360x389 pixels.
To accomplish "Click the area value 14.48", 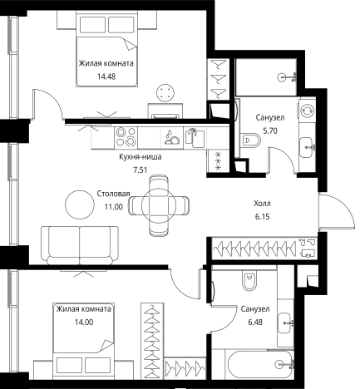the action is [x=106, y=76].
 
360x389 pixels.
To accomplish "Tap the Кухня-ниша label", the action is [x=141, y=157].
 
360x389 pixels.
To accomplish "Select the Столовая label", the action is [x=113, y=194].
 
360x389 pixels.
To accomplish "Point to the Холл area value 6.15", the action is [x=262, y=217].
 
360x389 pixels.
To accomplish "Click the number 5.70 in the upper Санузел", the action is [x=270, y=130].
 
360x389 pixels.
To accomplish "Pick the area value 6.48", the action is [x=255, y=323].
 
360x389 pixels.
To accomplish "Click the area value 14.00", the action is [x=84, y=322].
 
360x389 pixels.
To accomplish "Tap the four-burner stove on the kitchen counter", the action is [x=126, y=137].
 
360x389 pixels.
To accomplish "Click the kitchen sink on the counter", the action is [x=195, y=137].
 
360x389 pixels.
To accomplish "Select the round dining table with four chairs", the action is [x=159, y=205].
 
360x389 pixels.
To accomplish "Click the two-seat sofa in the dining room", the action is [x=80, y=245].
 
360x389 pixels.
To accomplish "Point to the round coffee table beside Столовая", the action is [x=80, y=204].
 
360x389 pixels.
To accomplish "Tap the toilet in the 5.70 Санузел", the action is [x=251, y=140].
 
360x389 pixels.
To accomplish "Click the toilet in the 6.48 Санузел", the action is [x=249, y=280].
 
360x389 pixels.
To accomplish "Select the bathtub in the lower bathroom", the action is [x=260, y=364].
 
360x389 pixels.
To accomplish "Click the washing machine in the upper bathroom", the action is [x=308, y=111].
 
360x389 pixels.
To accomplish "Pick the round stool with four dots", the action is [x=165, y=93].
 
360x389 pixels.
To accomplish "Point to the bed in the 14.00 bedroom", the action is [x=84, y=340].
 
